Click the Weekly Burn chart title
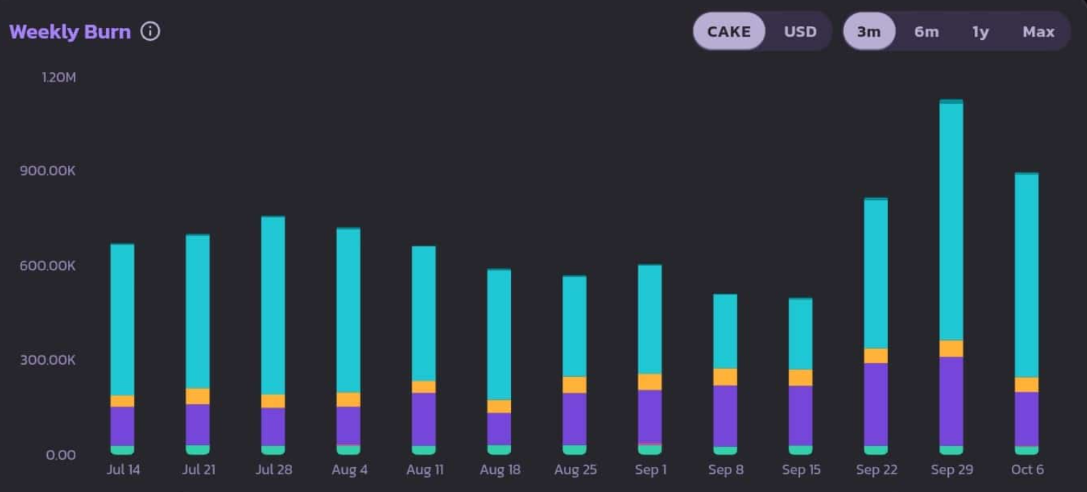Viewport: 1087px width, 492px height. pyautogui.click(x=70, y=32)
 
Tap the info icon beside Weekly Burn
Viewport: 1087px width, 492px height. pyautogui.click(x=150, y=31)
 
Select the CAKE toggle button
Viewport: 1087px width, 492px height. pyautogui.click(x=728, y=31)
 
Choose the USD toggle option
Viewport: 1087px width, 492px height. pyautogui.click(x=800, y=31)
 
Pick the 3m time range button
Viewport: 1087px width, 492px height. pyautogui.click(x=869, y=31)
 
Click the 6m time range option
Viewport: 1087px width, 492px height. pyautogui.click(x=926, y=31)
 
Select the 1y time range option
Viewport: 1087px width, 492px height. pyautogui.click(x=980, y=31)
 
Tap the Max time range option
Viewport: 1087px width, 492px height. pyautogui.click(x=1038, y=31)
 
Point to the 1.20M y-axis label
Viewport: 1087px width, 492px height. pyautogui.click(x=59, y=77)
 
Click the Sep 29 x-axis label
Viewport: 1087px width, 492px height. pyautogui.click(x=951, y=470)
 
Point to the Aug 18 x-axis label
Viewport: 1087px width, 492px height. pyautogui.click(x=501, y=470)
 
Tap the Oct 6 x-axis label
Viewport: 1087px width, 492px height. pyautogui.click(x=1027, y=470)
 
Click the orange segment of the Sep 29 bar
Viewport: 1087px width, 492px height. pyautogui.click(x=951, y=348)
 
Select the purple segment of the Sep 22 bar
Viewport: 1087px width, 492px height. pyautogui.click(x=876, y=404)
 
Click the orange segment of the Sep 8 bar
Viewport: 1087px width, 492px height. pyautogui.click(x=725, y=377)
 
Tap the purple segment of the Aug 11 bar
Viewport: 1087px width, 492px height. pyautogui.click(x=424, y=419)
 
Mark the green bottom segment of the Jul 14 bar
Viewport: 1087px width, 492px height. pyautogui.click(x=122, y=451)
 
